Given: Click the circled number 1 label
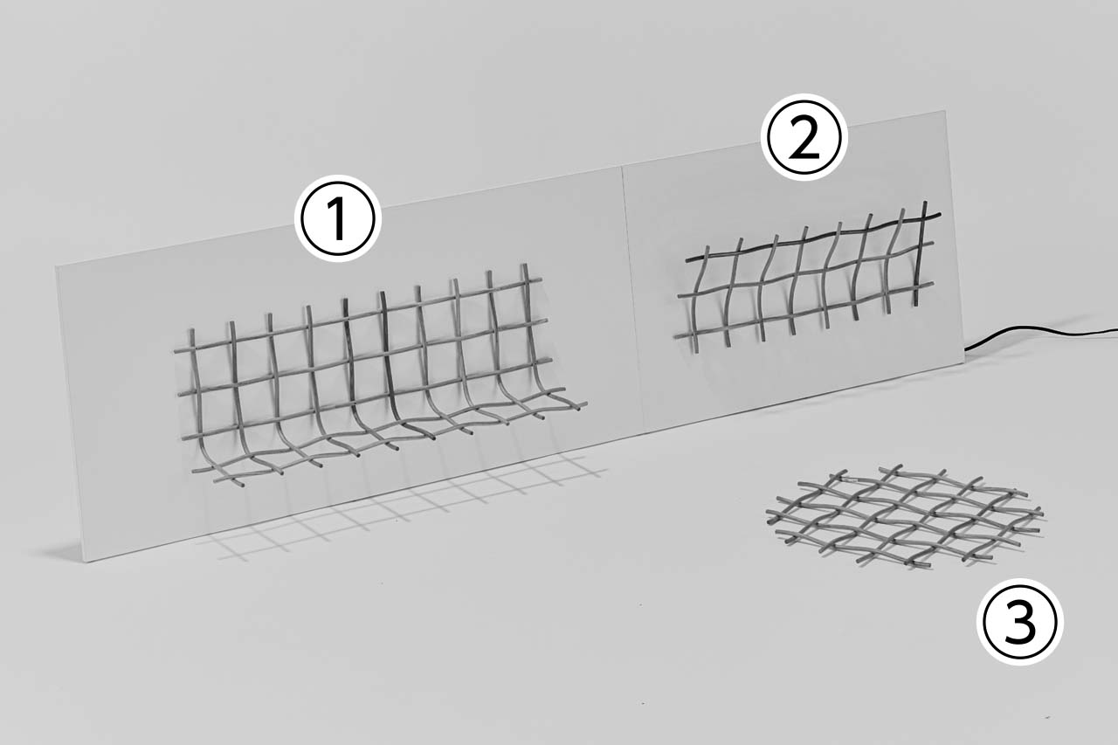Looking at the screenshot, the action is pos(338,218).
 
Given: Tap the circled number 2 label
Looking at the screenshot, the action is pos(804,137).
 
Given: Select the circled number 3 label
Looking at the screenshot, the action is pos(1019,622).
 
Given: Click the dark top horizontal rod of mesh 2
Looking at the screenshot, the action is pos(813,238).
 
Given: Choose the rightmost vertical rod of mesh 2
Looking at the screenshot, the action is pos(920,253).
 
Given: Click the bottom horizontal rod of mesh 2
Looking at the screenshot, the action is pos(804,310).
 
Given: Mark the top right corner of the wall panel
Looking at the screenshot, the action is pos(945,111).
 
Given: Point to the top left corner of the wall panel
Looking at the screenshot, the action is pos(56,267).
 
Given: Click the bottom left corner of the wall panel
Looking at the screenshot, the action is pos(89,562).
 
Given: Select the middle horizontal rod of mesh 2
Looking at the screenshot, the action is pos(805,271).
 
